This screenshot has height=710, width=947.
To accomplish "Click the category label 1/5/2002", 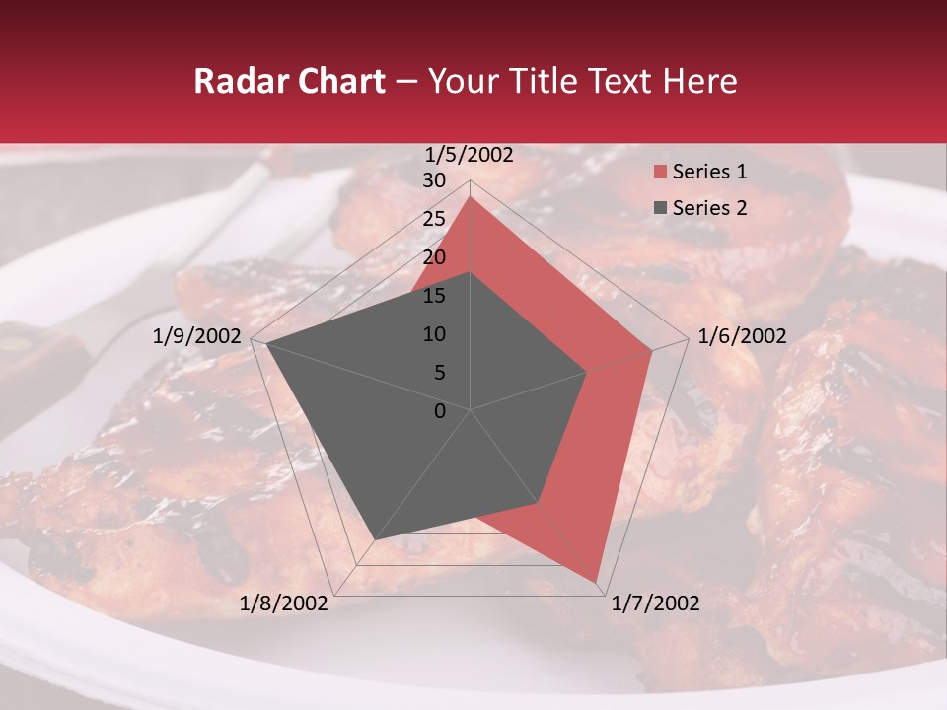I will (470, 155).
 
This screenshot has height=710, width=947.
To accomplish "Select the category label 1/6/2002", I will (742, 336).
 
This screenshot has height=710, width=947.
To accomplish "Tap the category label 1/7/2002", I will (655, 603).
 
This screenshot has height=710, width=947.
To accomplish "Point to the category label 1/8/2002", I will (284, 603).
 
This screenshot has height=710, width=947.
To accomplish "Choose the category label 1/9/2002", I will (197, 336).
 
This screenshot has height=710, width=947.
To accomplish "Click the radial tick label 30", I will (434, 180).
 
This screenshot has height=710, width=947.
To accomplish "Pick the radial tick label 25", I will (434, 219).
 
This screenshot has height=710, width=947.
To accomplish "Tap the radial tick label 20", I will (434, 257).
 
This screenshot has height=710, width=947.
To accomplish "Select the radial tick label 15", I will (434, 296).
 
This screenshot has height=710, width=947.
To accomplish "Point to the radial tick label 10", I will (434, 334).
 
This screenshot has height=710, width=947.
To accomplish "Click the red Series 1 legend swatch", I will (660, 173).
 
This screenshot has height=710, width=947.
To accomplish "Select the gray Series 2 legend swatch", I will (660, 208).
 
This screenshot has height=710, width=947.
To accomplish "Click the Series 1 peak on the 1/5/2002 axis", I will (471, 196).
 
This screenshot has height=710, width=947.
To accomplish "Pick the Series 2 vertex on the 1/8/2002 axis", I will (375, 539).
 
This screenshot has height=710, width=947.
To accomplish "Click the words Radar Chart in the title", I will (289, 81).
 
